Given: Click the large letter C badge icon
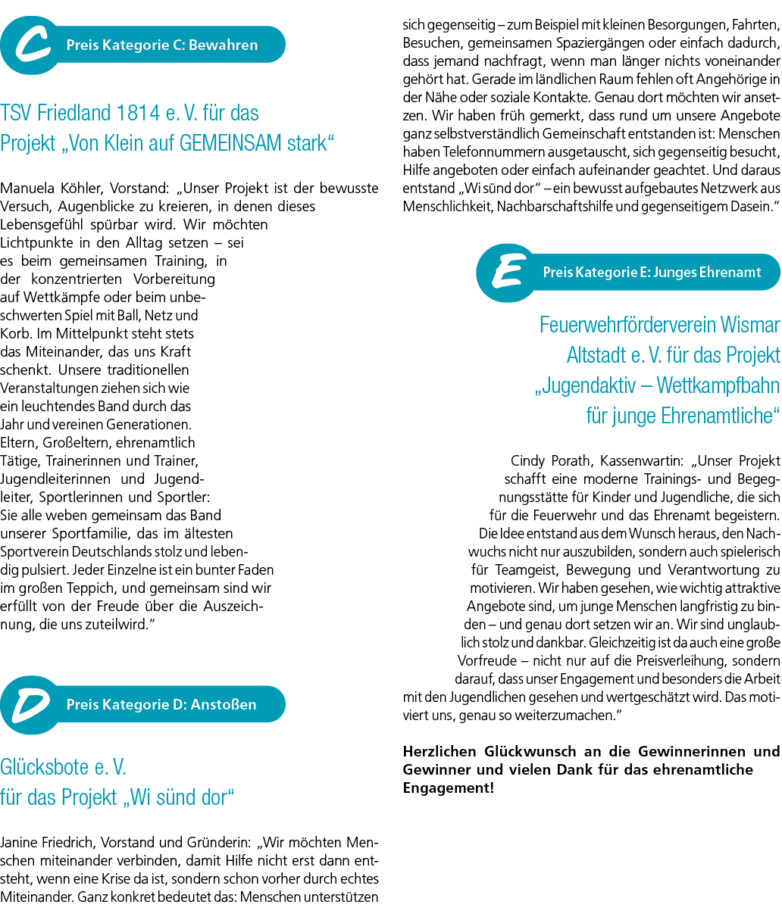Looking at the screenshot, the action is (x=30, y=45).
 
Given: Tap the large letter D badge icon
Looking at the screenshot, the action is (x=30, y=705).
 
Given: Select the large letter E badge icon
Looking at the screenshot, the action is (x=506, y=273).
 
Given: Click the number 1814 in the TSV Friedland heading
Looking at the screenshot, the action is (x=138, y=113).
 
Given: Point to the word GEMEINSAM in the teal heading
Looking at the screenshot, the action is (x=230, y=143).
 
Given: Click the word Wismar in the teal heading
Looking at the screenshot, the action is (x=750, y=325).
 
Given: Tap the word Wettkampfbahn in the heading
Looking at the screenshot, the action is (x=718, y=385).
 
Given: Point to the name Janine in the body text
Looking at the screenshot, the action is (x=17, y=843).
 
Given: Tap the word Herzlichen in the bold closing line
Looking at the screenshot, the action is (x=439, y=751).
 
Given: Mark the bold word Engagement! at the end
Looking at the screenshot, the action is (x=448, y=788).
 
